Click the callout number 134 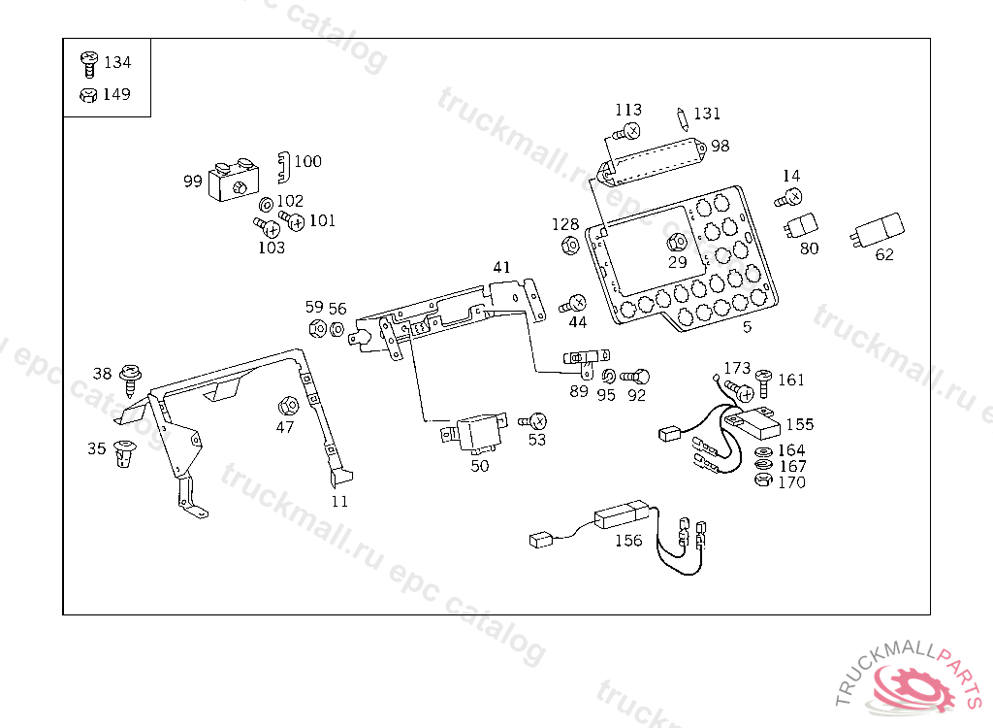[116, 62]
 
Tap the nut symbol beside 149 [87, 95]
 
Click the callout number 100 [307, 161]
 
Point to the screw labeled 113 [627, 131]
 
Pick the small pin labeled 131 [684, 118]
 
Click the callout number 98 [720, 146]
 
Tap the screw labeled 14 [788, 198]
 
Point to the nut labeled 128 [570, 245]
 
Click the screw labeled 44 [573, 304]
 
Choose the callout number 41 [500, 267]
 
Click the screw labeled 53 [534, 421]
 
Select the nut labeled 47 [286, 405]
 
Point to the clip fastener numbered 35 [124, 452]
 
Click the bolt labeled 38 [130, 374]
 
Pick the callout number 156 [628, 541]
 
